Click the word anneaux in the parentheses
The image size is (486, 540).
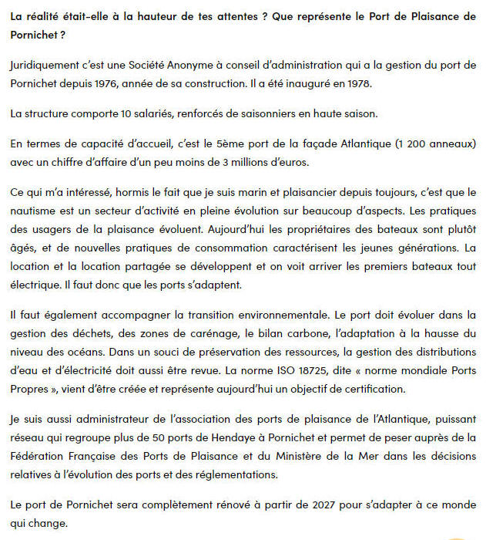tap(450, 143)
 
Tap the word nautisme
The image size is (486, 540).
tap(35, 208)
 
